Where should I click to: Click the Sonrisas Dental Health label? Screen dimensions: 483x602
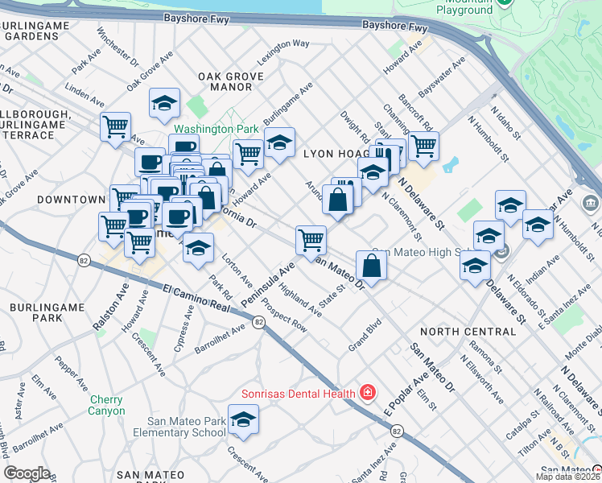coord(299,394)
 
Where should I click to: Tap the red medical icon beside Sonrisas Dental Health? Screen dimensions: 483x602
coord(368,393)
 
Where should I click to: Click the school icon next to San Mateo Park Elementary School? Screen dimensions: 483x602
coord(243,420)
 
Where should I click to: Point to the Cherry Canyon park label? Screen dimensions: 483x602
coord(107,405)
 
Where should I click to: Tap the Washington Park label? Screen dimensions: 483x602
coord(216,129)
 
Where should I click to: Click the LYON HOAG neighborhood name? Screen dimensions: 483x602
coord(336,153)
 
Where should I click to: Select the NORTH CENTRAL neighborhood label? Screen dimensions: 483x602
coord(468,331)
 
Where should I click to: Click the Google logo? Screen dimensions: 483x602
coord(27,473)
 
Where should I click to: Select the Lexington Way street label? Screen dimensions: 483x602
coord(283,53)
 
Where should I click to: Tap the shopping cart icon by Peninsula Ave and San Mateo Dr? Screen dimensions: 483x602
coord(311,239)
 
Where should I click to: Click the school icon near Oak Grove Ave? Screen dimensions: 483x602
coord(164,103)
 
